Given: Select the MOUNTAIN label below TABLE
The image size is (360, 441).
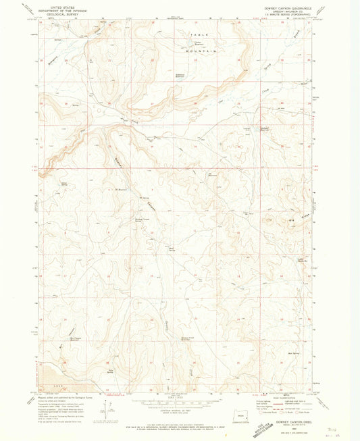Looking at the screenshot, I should click(x=203, y=51).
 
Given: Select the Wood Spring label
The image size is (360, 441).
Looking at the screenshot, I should click(x=66, y=184).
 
